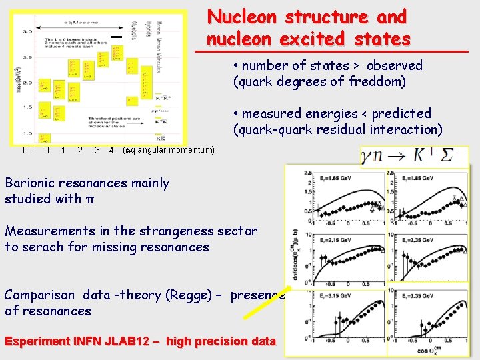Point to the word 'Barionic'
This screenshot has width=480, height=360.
click(x=33, y=183)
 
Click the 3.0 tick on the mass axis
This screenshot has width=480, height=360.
click(x=28, y=31)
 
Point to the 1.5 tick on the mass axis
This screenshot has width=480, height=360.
click(x=28, y=107)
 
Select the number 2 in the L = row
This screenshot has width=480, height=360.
click(x=80, y=151)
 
